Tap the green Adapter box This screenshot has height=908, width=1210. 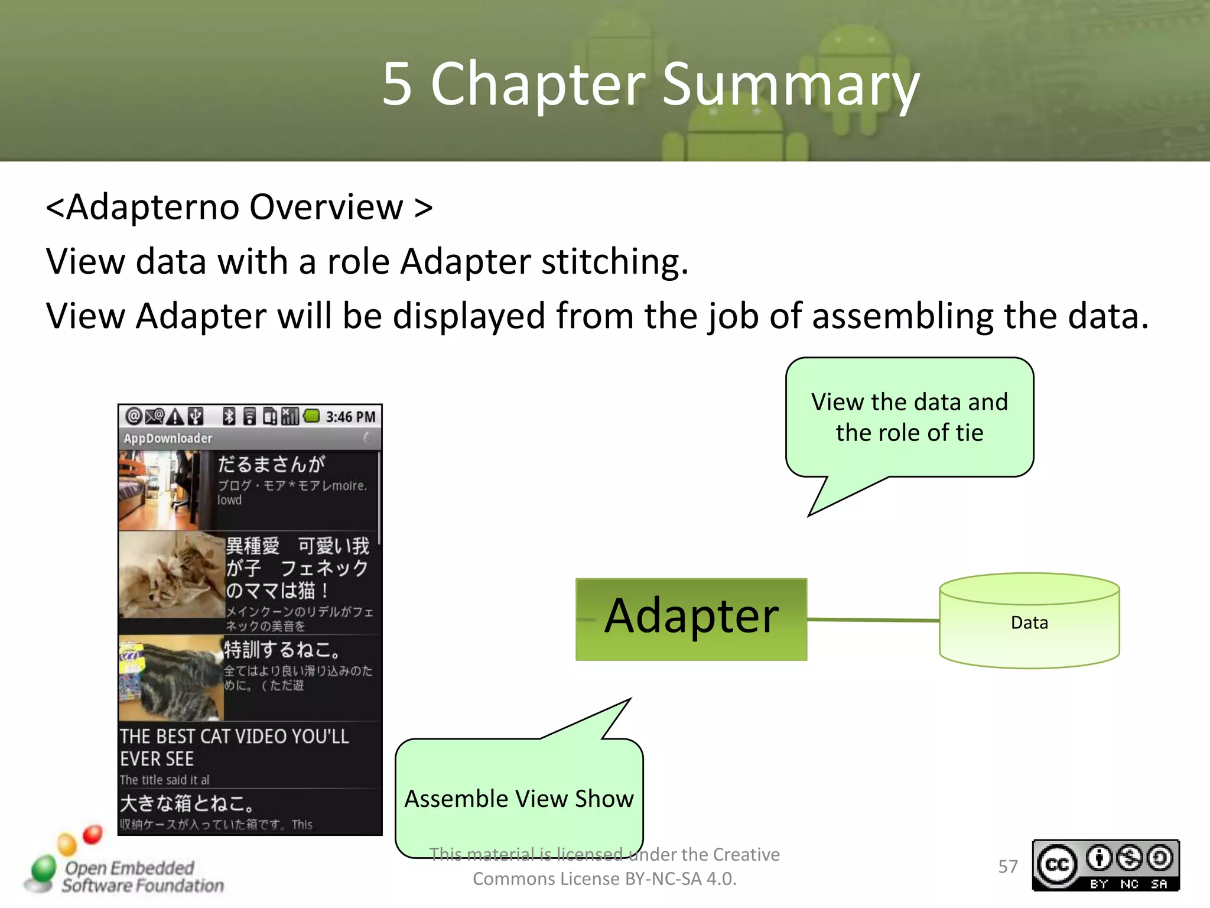691,618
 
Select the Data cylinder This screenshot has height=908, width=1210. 1029,622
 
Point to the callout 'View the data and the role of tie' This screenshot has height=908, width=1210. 909,417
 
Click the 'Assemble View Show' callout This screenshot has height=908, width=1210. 519,798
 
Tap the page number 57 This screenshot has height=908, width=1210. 1007,866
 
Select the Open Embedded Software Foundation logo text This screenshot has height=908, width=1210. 142,877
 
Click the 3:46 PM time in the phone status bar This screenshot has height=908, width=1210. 350,417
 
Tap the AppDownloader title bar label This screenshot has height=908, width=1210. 168,438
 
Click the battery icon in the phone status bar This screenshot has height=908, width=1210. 311,416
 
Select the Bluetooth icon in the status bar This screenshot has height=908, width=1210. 229,416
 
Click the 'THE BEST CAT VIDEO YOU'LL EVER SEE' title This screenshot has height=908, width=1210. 234,747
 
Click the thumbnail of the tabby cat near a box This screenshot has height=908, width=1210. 171,677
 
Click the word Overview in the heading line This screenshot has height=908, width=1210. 326,207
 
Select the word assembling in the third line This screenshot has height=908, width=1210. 903,316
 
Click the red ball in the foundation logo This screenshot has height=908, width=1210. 92,834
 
